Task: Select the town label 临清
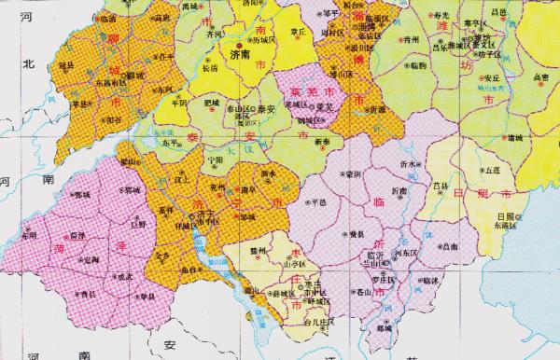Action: pos(108,18)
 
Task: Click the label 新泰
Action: pos(322,141)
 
